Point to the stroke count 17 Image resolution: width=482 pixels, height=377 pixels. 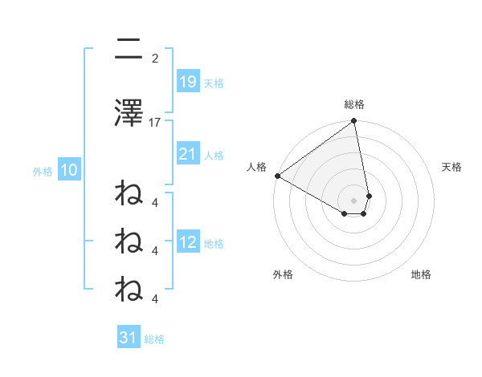pos(155,123)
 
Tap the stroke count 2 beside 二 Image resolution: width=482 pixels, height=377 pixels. pos(155,58)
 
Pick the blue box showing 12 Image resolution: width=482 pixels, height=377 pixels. pos(187,242)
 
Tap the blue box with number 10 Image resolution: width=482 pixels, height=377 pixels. pos(68,170)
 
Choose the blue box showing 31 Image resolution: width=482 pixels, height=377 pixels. pos(129,338)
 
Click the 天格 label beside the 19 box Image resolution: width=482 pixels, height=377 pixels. pos(214,83)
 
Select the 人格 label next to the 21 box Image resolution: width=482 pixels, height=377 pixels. pos(214,155)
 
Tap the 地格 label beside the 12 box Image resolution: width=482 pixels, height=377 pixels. pos(214,244)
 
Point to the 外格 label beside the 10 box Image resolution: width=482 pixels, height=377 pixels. pos(42,171)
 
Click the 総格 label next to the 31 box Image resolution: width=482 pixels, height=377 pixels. pos(154,339)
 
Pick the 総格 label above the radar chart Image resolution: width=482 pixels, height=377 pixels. pos(354,104)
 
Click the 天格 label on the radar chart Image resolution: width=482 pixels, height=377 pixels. pos(452,167)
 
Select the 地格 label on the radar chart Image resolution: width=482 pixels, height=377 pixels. pos(421,274)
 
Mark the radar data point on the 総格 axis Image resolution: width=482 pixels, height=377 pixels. pos(353,122)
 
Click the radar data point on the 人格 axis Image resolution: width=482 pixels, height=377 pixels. pos(277,176)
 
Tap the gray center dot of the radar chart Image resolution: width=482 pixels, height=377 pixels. pos(353,200)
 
